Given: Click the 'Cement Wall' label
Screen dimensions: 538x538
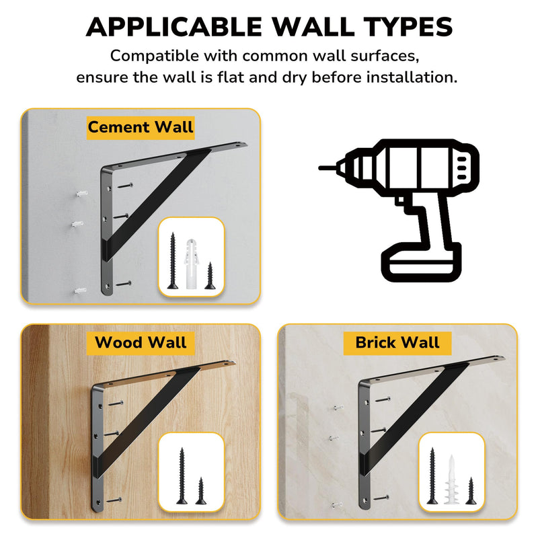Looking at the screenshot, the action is tap(141, 128).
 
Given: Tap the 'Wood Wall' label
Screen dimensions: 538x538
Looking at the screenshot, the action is tap(141, 343).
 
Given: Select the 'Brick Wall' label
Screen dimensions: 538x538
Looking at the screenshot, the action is tap(397, 343).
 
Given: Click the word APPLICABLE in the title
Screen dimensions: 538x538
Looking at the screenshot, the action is tap(174, 27).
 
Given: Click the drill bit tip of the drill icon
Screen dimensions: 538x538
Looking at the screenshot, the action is tap(320, 167).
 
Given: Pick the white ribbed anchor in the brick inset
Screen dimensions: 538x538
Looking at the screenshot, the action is tap(451, 479).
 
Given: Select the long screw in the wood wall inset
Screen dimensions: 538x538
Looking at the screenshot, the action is tap(182, 475).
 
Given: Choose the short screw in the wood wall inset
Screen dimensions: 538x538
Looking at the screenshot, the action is tap(200, 491).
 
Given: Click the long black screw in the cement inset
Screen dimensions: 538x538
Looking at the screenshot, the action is tap(173, 261).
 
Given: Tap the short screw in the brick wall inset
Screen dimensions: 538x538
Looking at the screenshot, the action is tap(471, 491).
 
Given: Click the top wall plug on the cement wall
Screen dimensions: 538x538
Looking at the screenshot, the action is tap(82, 194).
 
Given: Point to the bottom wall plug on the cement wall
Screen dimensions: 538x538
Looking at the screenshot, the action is tap(80, 291).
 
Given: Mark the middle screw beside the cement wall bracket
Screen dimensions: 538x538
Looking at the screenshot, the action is tap(120, 216).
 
